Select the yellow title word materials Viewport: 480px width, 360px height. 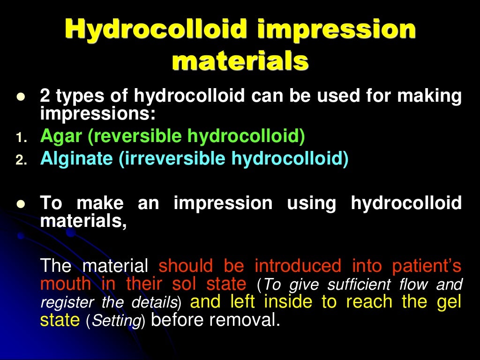tap(240, 61)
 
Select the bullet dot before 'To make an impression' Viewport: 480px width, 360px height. tap(20, 205)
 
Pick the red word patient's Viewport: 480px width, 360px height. tap(426, 266)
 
